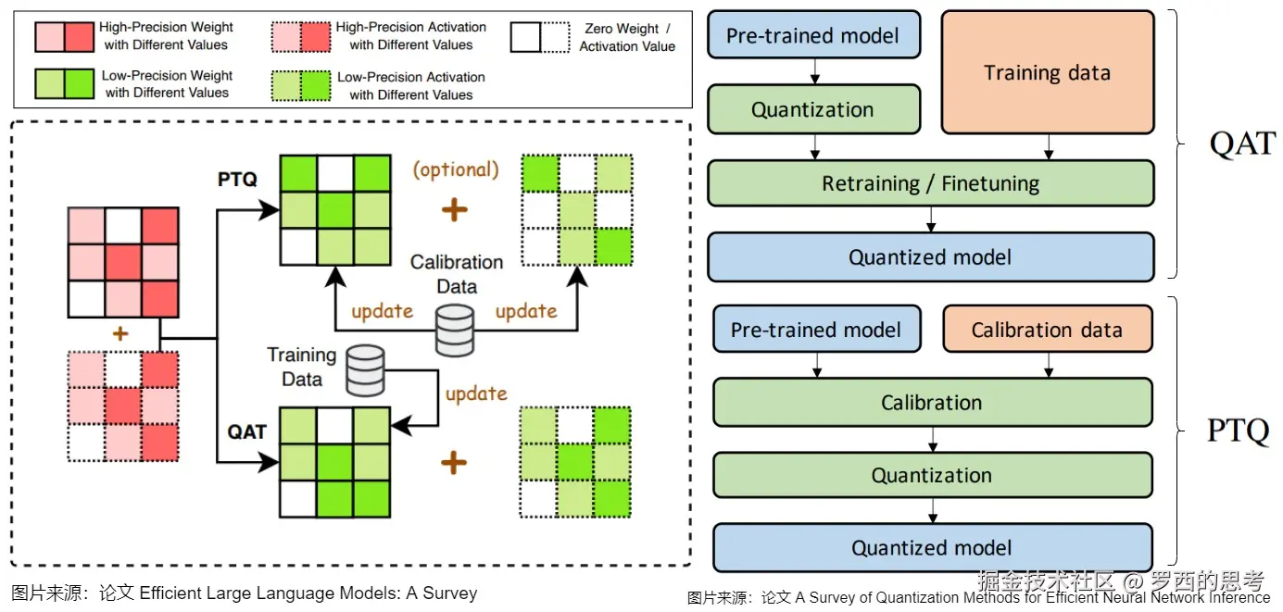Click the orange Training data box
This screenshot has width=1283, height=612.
tap(1047, 73)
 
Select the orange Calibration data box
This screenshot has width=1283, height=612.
tap(1047, 331)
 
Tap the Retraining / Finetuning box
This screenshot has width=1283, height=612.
tap(930, 183)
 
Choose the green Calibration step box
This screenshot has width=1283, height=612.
tap(932, 403)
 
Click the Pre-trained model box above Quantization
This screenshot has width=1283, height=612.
tap(812, 36)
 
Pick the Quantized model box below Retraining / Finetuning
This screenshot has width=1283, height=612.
tap(930, 257)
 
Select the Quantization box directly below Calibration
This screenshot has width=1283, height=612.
tap(932, 476)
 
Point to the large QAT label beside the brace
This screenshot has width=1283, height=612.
tap(1242, 144)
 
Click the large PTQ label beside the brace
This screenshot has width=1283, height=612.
tap(1238, 431)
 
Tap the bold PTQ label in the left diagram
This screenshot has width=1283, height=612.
tap(237, 179)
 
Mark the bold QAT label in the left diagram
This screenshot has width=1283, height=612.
tap(247, 431)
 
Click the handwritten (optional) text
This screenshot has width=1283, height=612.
tap(455, 169)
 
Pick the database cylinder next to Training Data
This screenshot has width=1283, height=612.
tap(365, 370)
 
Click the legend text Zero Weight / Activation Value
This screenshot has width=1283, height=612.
tap(627, 37)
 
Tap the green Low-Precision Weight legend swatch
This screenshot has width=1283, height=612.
tap(64, 84)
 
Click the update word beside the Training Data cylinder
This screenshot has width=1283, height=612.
tap(476, 393)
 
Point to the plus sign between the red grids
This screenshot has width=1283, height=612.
tap(119, 332)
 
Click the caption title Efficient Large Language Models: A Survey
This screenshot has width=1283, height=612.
tap(308, 593)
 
